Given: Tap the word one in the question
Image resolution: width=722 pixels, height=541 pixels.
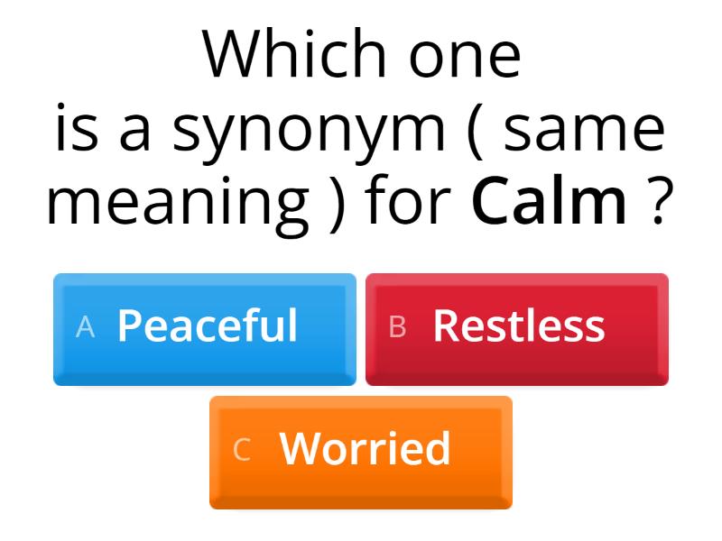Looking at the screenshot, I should (x=465, y=56).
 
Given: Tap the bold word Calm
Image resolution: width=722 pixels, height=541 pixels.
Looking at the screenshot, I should (x=549, y=202).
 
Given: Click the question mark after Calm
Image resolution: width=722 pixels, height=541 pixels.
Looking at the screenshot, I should (x=662, y=202).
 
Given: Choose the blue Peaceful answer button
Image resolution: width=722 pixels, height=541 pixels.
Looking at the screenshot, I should (x=205, y=329).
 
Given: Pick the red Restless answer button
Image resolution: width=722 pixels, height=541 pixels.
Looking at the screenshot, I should (x=517, y=329).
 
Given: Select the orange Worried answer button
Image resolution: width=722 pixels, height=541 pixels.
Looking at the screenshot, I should (x=361, y=452).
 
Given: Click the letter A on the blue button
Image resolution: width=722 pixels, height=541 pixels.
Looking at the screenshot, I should (x=86, y=327).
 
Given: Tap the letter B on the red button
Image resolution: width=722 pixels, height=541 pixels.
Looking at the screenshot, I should (x=397, y=327).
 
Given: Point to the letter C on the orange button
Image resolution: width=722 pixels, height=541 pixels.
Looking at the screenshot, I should (x=241, y=450).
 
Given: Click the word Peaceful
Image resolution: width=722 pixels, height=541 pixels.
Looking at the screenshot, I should (x=208, y=326).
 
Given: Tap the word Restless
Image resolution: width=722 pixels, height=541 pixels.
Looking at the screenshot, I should (x=519, y=326).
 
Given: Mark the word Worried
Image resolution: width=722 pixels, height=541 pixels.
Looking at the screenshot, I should (x=366, y=448).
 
